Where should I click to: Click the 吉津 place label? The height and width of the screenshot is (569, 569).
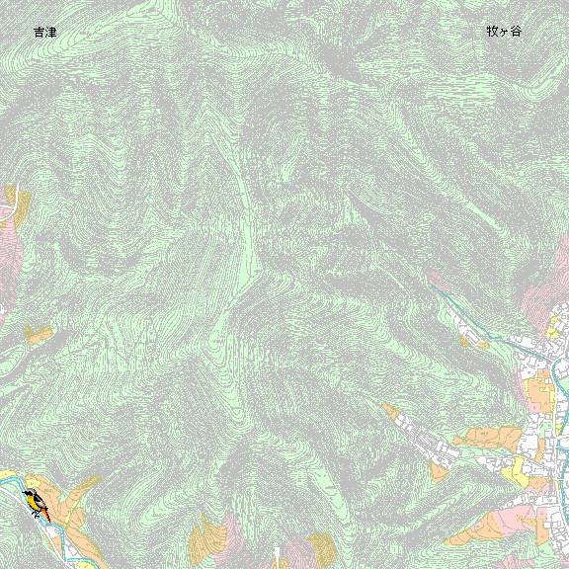pos(44,33)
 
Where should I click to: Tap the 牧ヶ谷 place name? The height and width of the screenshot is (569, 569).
pos(503,31)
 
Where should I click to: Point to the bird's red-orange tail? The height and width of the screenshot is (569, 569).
pos(45,514)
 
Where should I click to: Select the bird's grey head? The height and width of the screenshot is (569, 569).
pos(29,492)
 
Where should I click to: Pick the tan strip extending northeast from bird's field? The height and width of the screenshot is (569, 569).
pos(87,485)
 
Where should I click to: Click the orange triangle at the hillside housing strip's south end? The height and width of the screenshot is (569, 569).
pos(441,471)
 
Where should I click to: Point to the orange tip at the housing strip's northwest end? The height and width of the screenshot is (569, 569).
pos(388,408)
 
